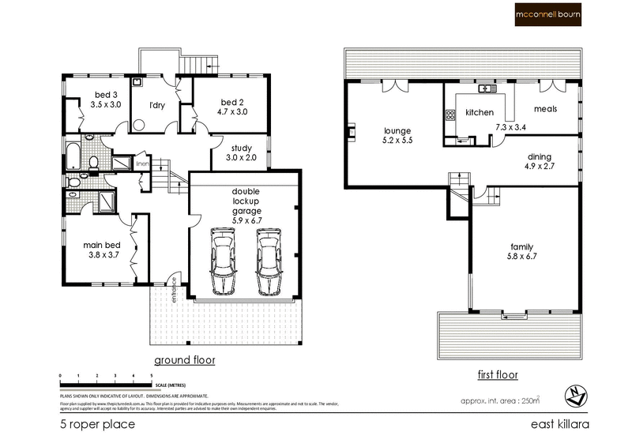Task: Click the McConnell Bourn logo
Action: pyautogui.click(x=559, y=15)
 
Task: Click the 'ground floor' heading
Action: pyautogui.click(x=184, y=360)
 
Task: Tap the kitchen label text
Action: pyautogui.click(x=480, y=113)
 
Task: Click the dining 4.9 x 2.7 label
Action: pyautogui.click(x=540, y=162)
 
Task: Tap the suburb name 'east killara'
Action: pyautogui.click(x=559, y=425)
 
